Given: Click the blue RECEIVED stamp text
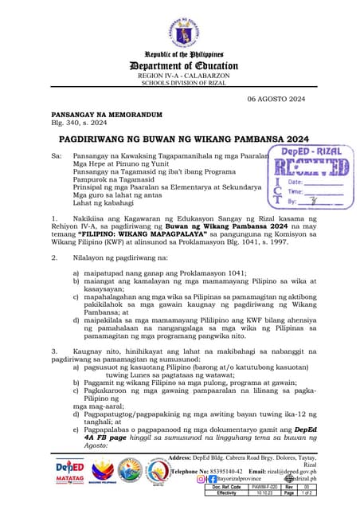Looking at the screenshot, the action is click(311, 167).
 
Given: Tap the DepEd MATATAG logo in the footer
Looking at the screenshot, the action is click(69, 469).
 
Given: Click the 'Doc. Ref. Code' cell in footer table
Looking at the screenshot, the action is click(228, 487).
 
